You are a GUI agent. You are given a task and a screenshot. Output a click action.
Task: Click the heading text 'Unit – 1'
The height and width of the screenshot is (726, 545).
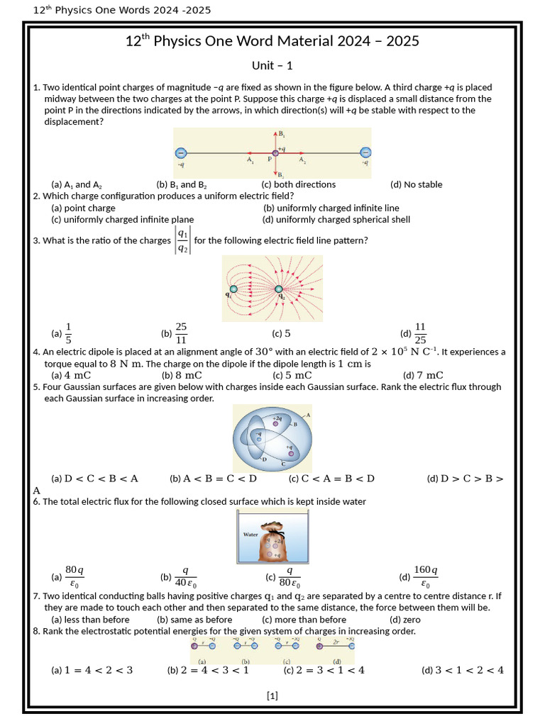[272, 66]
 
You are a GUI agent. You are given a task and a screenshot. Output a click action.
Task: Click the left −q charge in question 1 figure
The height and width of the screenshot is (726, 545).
[180, 152]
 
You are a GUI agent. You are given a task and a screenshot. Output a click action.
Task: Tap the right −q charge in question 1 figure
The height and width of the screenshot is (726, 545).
[365, 152]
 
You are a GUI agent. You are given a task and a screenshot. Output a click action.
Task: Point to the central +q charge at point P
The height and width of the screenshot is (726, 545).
[275, 152]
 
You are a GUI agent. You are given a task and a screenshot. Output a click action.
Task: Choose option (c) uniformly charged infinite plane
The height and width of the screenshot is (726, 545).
[122, 220]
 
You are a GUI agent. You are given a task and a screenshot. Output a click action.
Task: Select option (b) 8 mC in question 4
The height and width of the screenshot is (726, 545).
[182, 375]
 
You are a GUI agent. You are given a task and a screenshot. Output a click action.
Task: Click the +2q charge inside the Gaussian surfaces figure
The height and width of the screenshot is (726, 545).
[285, 423]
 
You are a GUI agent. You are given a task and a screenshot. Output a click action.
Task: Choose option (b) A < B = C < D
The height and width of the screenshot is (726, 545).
[213, 479]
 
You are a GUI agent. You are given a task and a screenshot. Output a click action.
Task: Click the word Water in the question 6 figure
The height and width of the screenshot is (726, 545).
[251, 535]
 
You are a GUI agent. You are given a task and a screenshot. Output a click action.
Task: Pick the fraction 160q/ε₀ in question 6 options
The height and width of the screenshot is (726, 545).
[425, 577]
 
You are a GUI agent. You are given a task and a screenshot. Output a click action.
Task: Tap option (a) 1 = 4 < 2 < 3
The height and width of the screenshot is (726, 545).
[92, 670]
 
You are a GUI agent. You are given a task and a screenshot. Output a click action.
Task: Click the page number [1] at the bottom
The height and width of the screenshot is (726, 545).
[272, 696]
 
